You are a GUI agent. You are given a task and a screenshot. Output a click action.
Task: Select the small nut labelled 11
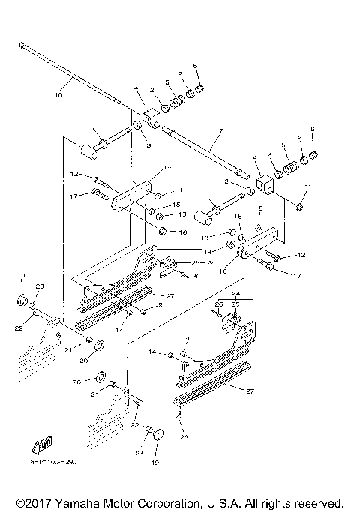pos(298,205)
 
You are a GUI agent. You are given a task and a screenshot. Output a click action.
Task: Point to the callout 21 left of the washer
pos(67,349)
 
